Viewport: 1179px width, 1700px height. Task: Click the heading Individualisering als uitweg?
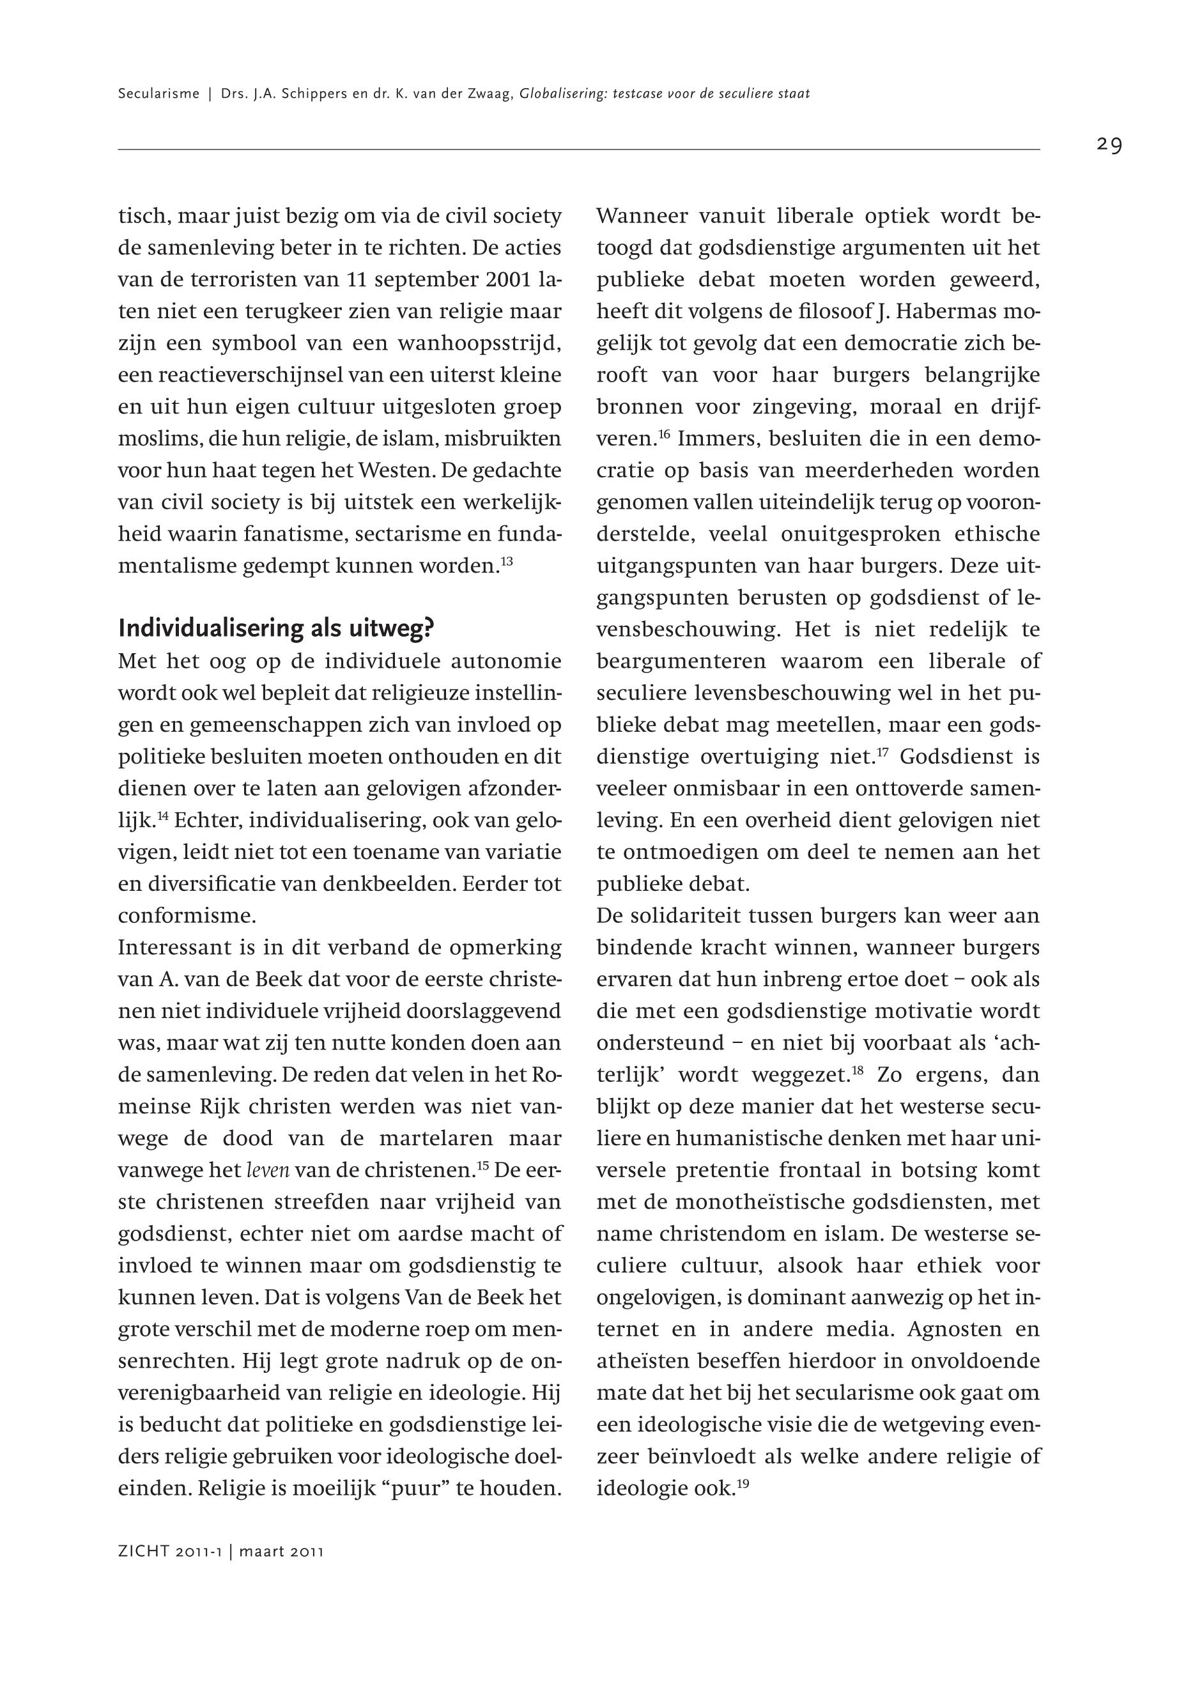tap(276, 629)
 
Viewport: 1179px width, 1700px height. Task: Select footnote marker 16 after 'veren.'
tap(663, 435)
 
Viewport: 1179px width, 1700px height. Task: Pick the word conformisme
tap(187, 916)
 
